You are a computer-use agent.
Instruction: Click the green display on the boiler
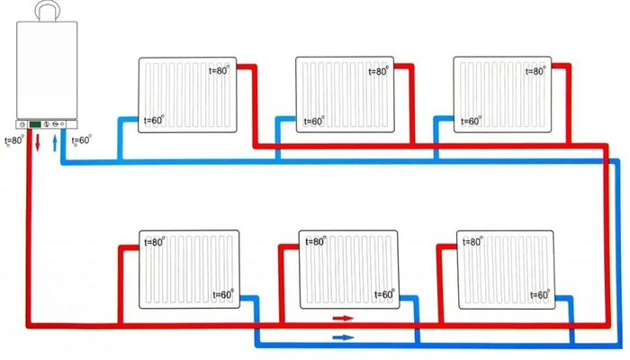(x=35, y=124)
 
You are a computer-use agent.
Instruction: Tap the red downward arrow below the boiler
(x=38, y=143)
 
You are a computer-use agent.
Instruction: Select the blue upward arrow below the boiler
(x=55, y=143)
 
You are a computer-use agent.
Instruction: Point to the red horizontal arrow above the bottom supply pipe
(x=343, y=319)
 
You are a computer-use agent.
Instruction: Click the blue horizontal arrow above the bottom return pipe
(x=344, y=337)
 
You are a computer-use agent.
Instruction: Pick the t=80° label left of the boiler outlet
(x=14, y=141)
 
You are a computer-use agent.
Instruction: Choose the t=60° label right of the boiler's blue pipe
(x=82, y=140)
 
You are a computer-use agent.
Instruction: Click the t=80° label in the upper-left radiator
(x=219, y=70)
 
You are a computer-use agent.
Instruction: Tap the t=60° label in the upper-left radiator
(x=154, y=120)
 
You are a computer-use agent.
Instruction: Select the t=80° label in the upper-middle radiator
(x=379, y=71)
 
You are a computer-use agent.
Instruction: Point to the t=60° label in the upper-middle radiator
(x=314, y=121)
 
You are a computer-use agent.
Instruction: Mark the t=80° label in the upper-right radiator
(x=536, y=71)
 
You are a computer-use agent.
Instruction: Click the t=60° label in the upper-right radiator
(x=471, y=121)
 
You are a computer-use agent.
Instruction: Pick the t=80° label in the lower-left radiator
(x=155, y=242)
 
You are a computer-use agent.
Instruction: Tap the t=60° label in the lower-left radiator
(x=223, y=294)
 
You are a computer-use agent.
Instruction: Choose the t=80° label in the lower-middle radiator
(x=316, y=241)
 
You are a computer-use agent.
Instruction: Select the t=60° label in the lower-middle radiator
(x=384, y=294)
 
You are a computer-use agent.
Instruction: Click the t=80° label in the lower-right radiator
(x=472, y=241)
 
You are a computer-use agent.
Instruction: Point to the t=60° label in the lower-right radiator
(x=540, y=295)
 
